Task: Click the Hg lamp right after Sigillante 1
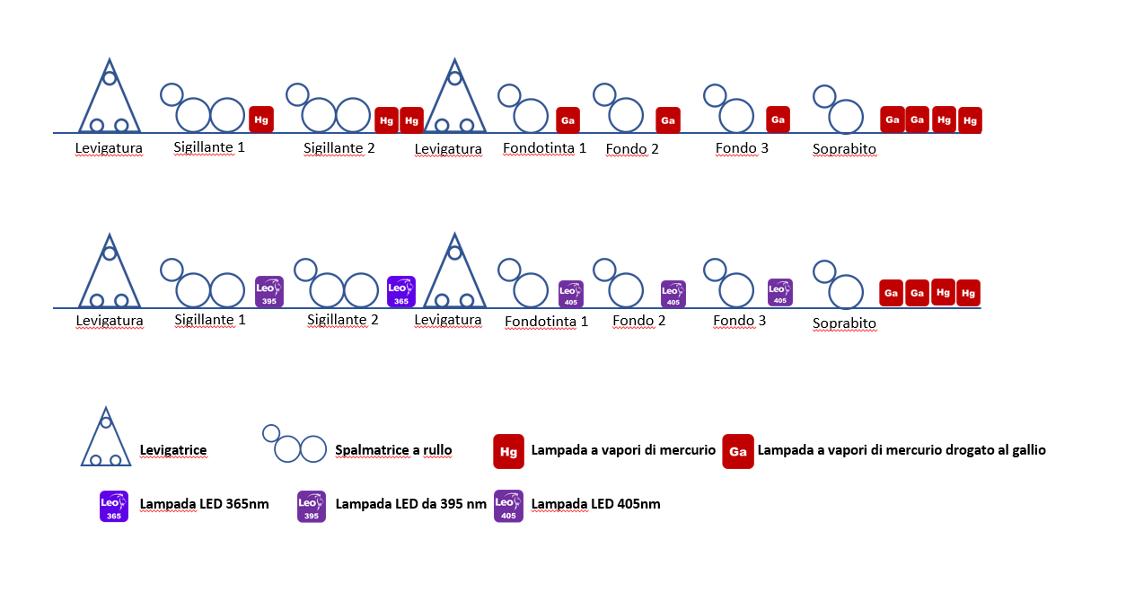coord(261,119)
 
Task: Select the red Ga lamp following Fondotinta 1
coord(567,120)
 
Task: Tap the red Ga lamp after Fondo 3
coord(779,119)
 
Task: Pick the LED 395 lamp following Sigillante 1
coord(269,291)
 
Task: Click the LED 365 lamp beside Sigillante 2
coord(401,291)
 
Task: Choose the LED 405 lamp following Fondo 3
coord(780,291)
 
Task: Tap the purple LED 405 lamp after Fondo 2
coord(673,294)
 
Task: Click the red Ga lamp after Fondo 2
coord(667,120)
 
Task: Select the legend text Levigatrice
coord(173,449)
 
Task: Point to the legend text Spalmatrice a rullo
coord(393,449)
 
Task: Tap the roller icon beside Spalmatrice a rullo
coord(295,444)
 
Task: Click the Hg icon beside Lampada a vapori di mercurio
coord(508,451)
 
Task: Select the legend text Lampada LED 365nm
coord(204,504)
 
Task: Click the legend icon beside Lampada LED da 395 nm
coord(312,506)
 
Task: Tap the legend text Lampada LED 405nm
coord(595,504)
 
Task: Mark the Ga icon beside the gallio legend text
coord(737,451)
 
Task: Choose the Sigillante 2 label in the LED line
coord(343,319)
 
